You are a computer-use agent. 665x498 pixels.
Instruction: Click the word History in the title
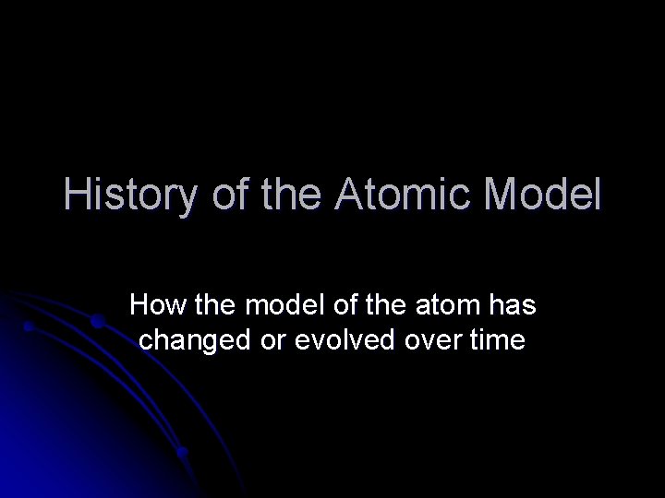pos(128,196)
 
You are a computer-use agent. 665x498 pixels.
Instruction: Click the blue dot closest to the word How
pos(96,321)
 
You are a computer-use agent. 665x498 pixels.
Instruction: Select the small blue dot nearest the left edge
pos(29,326)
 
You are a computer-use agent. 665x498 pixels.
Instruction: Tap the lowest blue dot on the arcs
pos(183,453)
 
